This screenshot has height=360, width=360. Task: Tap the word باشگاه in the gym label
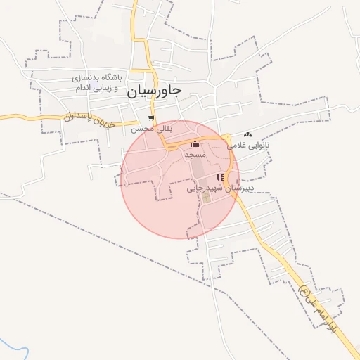coord(111,76)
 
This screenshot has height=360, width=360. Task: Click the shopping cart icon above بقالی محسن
coord(150,118)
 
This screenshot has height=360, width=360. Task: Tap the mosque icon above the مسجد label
coord(195,143)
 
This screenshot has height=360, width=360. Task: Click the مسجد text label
coord(195,153)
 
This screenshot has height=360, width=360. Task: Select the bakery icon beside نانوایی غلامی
coord(247,134)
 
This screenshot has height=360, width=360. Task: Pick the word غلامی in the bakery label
coord(236,146)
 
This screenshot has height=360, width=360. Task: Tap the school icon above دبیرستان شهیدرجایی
coord(221,177)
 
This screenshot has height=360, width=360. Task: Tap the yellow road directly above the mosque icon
coord(195,136)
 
